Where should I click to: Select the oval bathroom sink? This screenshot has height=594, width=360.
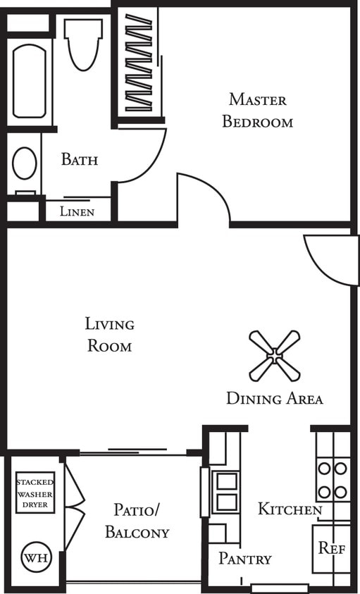coord(25,163)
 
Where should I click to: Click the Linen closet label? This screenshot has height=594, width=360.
coord(77,211)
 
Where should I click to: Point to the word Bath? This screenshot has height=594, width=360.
coord(79,159)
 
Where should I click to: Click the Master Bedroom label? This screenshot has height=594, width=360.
coord(257,111)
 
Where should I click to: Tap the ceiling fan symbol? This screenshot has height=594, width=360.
coord(274,355)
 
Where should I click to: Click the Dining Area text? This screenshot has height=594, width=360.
coord(274,399)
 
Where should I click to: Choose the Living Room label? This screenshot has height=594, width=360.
coord(109,335)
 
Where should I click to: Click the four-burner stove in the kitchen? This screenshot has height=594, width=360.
coord(333,480)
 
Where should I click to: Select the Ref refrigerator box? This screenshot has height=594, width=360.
coord(331,548)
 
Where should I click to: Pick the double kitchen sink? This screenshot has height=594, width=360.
coord(226,492)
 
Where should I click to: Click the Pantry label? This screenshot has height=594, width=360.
coord(244,559)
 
